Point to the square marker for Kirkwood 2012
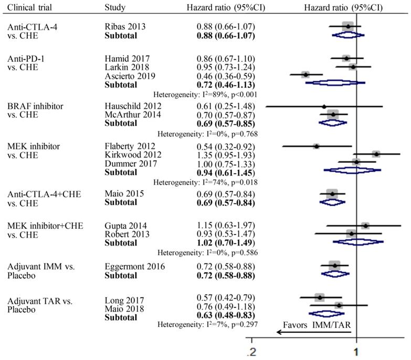376,154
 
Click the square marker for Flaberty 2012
316,146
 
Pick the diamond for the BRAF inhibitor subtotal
333,123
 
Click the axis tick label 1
357,351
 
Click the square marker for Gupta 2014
365,226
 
